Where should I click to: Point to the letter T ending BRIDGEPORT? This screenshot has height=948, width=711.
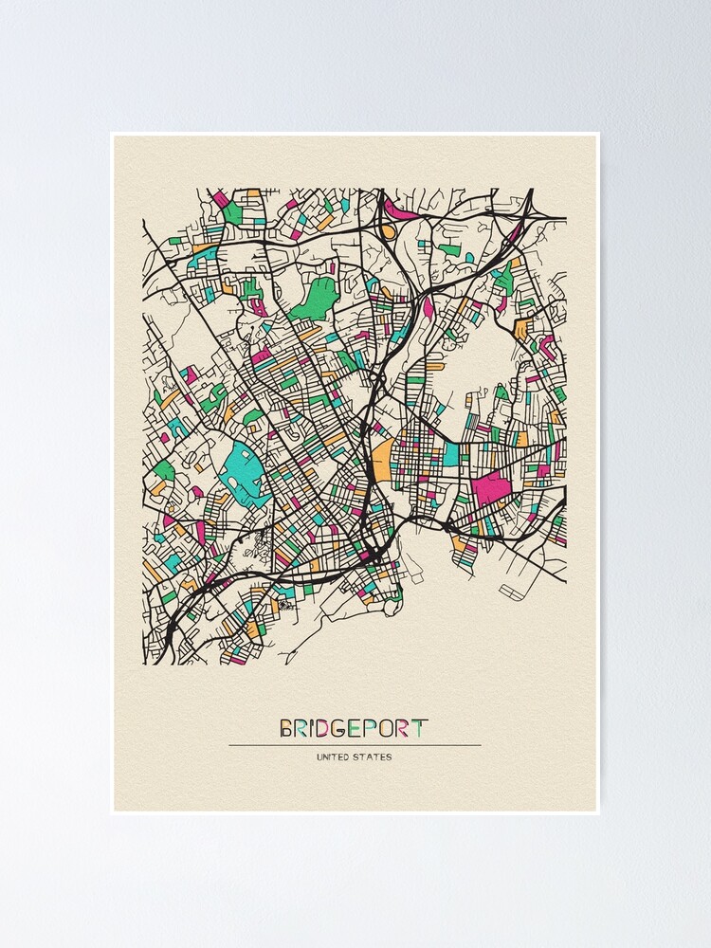pos(420,729)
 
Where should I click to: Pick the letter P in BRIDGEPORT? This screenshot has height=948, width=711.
pos(369,729)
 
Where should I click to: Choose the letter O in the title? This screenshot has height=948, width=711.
pos(386,729)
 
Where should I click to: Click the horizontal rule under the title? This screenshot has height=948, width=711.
pos(355,745)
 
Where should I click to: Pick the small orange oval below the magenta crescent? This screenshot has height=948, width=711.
pos(388,229)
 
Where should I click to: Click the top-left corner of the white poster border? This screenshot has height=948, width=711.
pos(111,134)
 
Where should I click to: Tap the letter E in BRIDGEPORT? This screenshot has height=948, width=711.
pos(353,729)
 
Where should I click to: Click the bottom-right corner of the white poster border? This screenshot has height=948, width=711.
pos(599,813)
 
